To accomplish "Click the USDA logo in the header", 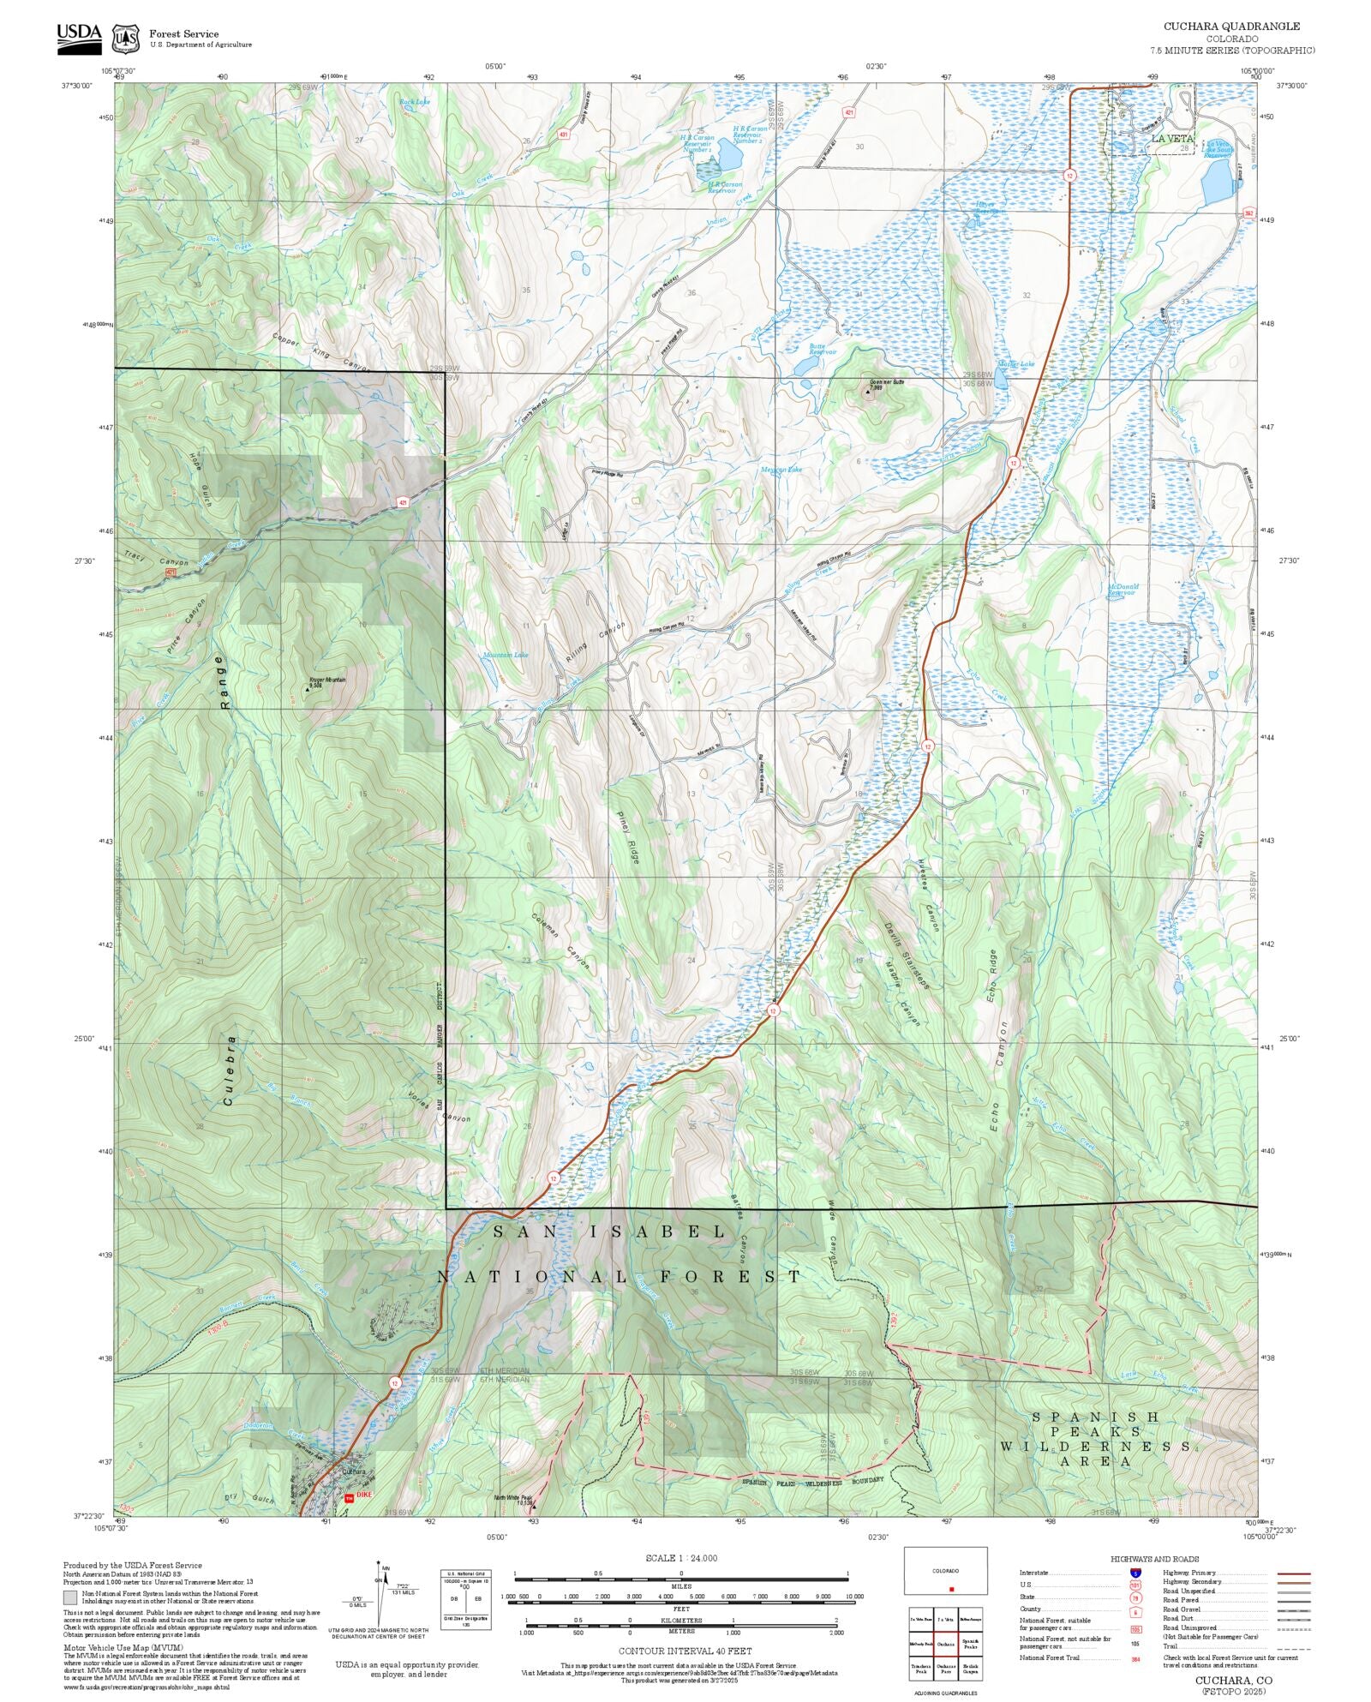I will pyautogui.click(x=79, y=39).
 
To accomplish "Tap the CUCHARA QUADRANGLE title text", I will pyautogui.click(x=1230, y=27).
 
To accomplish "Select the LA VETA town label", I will pyautogui.click(x=1171, y=138).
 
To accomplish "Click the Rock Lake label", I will pyautogui.click(x=415, y=102).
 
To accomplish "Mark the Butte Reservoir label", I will pyautogui.click(x=823, y=349).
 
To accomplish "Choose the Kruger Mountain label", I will pyautogui.click(x=327, y=682).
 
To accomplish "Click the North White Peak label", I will pyautogui.click(x=514, y=1500).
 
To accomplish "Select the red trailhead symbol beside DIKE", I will pyautogui.click(x=349, y=1498).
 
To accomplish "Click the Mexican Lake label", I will pyautogui.click(x=781, y=470).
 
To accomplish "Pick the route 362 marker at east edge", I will pyautogui.click(x=1248, y=213).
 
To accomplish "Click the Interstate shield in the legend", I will pyautogui.click(x=1135, y=1573).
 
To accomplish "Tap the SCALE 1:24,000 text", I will pyautogui.click(x=681, y=1558).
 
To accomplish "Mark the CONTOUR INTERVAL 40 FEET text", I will pyautogui.click(x=685, y=1650).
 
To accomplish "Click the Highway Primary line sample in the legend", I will pyautogui.click(x=1294, y=1573).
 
